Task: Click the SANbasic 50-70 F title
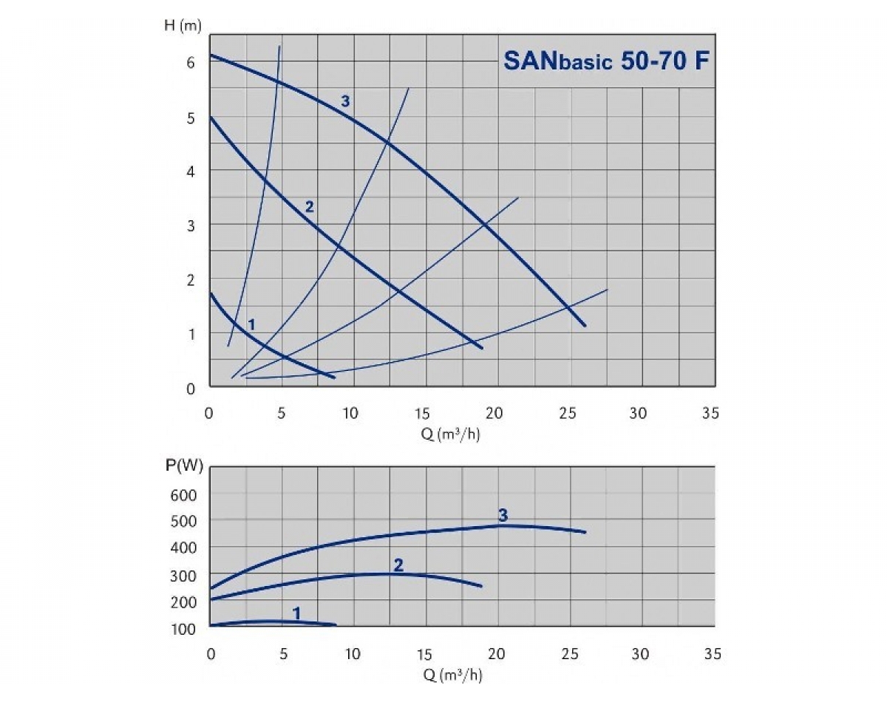[x=606, y=60]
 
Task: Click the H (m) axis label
[x=182, y=26]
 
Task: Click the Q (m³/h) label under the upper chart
[x=451, y=434]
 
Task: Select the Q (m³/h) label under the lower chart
[x=451, y=675]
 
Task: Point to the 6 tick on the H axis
[x=191, y=63]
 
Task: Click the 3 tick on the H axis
[x=191, y=225]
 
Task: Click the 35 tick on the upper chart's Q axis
[x=710, y=413]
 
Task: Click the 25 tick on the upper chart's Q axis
[x=566, y=413]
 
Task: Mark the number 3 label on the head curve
[x=345, y=101]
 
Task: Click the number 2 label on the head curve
[x=310, y=207]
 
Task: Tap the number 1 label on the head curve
[x=251, y=324]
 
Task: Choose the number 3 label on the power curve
[x=503, y=514]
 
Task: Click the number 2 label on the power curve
[x=398, y=565]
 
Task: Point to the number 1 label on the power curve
[x=297, y=613]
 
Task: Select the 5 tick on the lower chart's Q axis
[x=282, y=654]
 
